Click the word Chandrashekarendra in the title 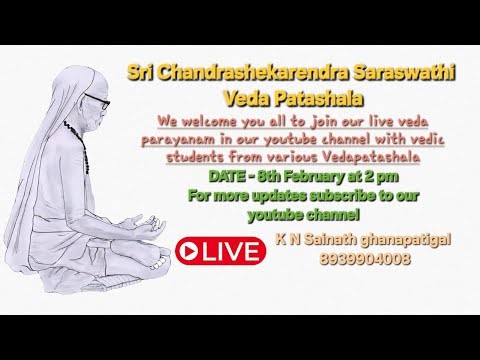[x=237, y=75]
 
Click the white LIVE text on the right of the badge [x=232, y=250]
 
